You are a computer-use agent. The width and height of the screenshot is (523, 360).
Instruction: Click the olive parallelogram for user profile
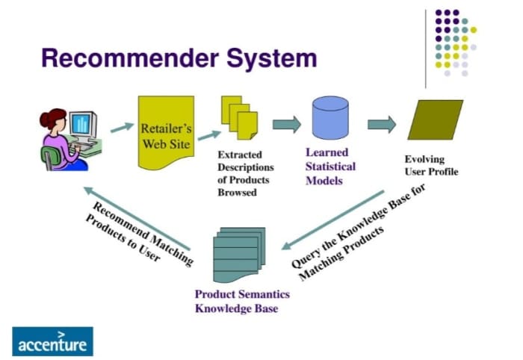(x=435, y=122)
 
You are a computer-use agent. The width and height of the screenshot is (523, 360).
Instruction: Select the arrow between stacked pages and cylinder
(x=286, y=123)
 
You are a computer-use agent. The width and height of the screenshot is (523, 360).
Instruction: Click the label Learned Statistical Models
(x=330, y=165)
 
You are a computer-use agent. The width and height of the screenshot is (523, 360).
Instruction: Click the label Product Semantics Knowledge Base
(x=241, y=301)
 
